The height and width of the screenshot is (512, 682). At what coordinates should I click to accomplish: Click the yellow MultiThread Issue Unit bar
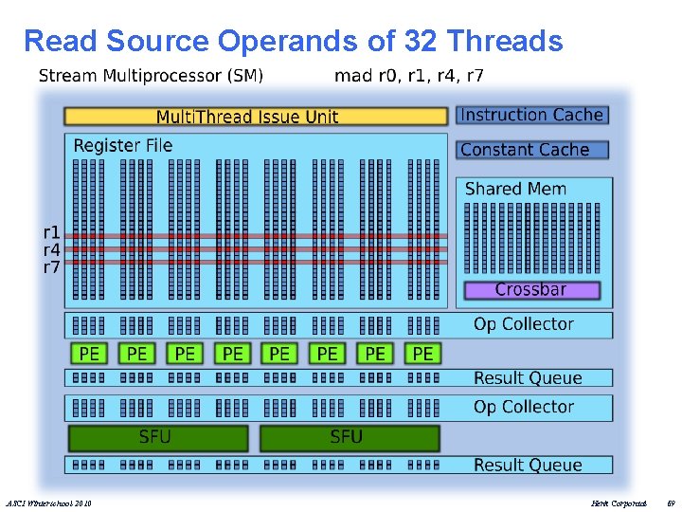pos(255,117)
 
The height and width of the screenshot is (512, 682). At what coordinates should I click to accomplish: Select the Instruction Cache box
pos(531,115)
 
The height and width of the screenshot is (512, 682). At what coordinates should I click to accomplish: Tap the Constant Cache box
pos(531,150)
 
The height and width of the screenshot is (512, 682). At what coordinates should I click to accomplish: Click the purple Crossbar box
pos(531,289)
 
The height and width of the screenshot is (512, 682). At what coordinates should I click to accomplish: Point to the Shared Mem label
pos(515,189)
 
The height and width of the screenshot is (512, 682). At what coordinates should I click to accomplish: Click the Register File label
pos(123,145)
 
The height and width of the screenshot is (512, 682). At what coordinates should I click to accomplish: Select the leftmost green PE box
pos(89,354)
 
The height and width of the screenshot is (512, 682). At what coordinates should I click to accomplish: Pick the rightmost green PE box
pos(422,354)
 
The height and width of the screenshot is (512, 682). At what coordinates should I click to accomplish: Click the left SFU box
pos(157,437)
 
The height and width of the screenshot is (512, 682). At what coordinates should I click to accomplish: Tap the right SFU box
pos(349,437)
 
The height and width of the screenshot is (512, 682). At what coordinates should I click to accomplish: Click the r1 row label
pos(51,232)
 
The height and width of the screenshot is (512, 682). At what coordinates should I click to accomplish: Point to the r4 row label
pos(51,249)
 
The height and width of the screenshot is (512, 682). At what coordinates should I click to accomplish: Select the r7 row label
pos(51,267)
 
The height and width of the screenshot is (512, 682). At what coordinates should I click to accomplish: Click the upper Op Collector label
pos(523,324)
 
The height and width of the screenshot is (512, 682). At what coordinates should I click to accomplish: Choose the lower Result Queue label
pos(527,465)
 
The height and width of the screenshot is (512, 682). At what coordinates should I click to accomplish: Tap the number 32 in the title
pos(420,42)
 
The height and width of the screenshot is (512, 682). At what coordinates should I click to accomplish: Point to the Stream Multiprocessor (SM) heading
pos(151,76)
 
